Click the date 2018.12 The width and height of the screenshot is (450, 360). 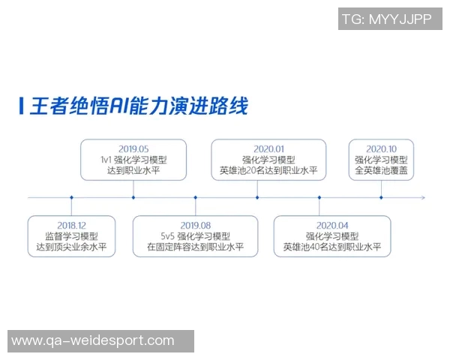click(x=72, y=225)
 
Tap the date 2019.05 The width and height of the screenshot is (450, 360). click(x=133, y=148)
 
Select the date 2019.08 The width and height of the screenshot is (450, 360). click(x=195, y=225)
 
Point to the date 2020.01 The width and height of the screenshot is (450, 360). click(x=268, y=148)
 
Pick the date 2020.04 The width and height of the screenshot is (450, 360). click(x=332, y=225)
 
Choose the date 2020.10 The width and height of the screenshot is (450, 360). click(x=381, y=148)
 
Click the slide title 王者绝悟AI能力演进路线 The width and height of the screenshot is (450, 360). click(x=139, y=106)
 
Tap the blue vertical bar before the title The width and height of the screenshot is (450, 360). click(x=21, y=106)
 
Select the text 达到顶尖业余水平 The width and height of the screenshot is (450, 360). click(x=72, y=247)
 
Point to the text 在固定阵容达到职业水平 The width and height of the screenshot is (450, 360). click(x=195, y=247)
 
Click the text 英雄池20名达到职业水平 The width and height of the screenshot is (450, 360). click(x=268, y=171)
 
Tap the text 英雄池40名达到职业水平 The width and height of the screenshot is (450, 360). click(x=332, y=247)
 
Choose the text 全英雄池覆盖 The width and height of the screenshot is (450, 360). click(x=381, y=171)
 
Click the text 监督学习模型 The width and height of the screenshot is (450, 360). click(x=72, y=235)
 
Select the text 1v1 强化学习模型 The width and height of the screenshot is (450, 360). click(x=133, y=160)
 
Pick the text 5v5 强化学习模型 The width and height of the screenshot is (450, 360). click(x=195, y=235)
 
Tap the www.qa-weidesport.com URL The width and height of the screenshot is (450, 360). click(x=93, y=341)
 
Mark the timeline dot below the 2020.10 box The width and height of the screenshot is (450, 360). click(x=381, y=198)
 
